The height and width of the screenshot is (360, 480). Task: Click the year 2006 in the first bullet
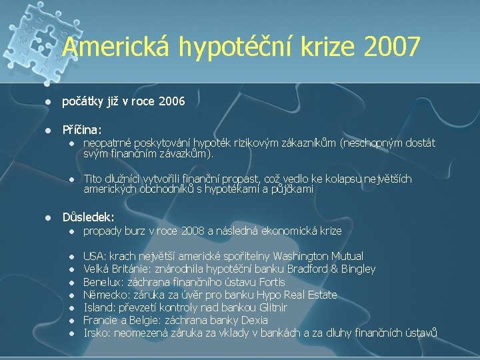(x=171, y=102)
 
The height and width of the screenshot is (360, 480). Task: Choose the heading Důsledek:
(x=88, y=217)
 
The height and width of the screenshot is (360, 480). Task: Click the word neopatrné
(x=107, y=142)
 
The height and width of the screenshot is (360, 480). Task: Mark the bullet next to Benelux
(x=70, y=282)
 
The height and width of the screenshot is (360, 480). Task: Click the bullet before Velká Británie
(x=70, y=269)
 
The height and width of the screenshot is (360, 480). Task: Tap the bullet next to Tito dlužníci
(x=70, y=179)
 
